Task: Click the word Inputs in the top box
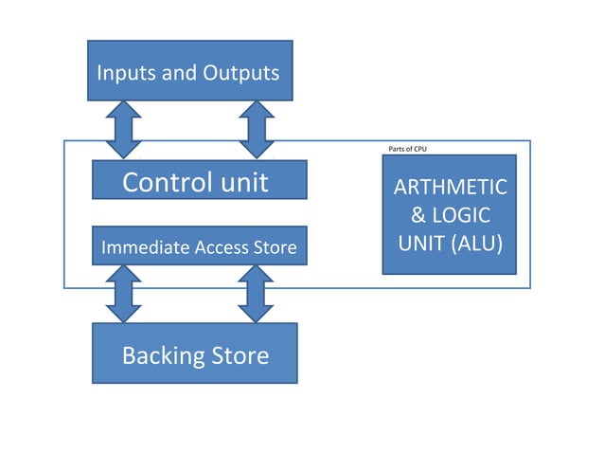click(x=127, y=72)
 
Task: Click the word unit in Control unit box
click(x=243, y=181)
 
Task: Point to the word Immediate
click(x=140, y=248)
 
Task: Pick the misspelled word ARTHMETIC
click(x=450, y=188)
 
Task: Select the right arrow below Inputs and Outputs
click(x=256, y=129)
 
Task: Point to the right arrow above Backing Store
click(x=256, y=294)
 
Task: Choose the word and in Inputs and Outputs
click(x=180, y=72)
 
